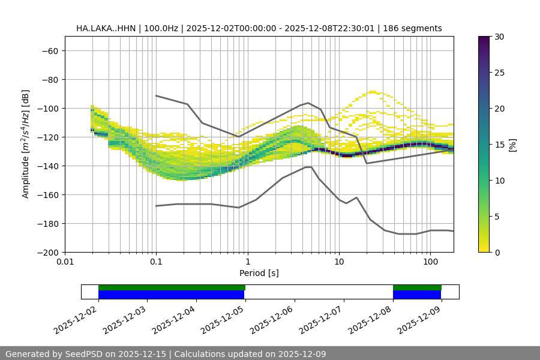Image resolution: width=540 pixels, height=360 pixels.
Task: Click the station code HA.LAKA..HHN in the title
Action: [x=106, y=28]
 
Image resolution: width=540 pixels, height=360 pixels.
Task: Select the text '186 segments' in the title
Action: [x=415, y=28]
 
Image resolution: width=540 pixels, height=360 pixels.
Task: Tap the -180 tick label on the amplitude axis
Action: [x=48, y=223]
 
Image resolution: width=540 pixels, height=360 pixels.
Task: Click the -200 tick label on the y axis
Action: [x=48, y=252]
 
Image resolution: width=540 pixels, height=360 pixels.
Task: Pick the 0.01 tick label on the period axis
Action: [x=65, y=262]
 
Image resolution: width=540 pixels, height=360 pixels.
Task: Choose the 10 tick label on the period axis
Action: [x=338, y=262]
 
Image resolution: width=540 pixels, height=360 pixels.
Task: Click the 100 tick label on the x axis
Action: [x=430, y=262]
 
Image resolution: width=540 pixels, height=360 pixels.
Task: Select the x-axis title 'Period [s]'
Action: [x=259, y=273]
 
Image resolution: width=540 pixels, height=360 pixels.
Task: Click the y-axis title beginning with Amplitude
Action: [x=26, y=144]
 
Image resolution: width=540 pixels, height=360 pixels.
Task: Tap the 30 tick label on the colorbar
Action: [x=499, y=37]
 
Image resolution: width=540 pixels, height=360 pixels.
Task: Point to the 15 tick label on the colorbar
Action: [x=499, y=144]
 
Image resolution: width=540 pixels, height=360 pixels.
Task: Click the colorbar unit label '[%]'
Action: [x=512, y=144]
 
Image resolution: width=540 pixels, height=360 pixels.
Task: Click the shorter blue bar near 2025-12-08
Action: [x=417, y=295]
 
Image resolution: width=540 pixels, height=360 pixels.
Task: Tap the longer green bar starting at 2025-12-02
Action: [x=172, y=287]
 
